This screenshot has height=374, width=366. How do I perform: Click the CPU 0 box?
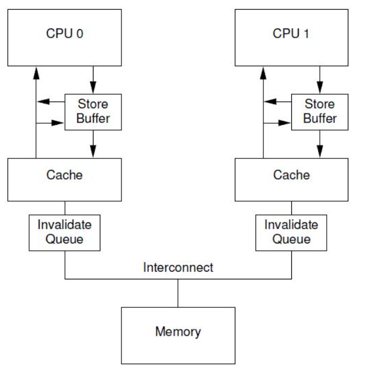(64, 38)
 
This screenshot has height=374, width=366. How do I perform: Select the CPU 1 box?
(291, 38)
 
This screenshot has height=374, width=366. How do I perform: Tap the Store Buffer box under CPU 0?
(93, 112)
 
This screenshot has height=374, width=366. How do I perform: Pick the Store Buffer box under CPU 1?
(320, 112)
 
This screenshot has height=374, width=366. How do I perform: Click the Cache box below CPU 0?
(64, 180)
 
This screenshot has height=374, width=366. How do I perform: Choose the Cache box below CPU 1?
(291, 180)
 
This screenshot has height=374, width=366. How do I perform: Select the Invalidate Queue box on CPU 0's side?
(64, 233)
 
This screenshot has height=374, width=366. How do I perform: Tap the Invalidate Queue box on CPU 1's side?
(291, 233)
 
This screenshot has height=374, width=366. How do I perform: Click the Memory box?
(178, 336)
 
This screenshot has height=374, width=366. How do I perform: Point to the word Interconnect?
(178, 267)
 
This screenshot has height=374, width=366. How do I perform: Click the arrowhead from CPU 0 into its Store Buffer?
(93, 88)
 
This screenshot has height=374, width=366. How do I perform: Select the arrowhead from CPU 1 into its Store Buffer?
(320, 88)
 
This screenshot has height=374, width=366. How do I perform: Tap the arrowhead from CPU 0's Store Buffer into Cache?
(93, 152)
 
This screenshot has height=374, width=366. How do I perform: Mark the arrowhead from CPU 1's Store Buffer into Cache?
(320, 152)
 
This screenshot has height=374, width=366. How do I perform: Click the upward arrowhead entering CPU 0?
(36, 73)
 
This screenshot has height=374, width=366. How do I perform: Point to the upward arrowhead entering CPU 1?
(263, 73)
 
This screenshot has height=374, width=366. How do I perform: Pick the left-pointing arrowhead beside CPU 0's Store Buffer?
(44, 101)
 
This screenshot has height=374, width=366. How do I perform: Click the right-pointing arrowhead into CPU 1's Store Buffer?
(284, 123)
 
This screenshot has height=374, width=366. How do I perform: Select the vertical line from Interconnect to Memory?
(178, 293)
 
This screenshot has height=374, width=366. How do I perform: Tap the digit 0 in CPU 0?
(80, 34)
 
